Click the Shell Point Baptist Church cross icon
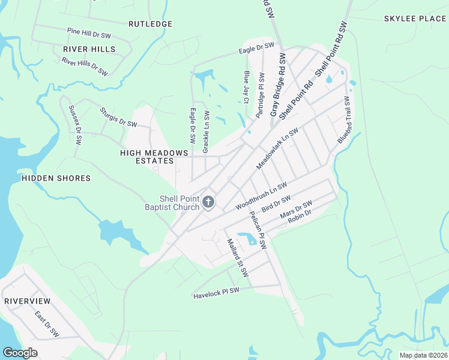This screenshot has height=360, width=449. coord(208,202)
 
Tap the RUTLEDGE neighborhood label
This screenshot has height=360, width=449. coord(151,24)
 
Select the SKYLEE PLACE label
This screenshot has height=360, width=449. coord(415,19)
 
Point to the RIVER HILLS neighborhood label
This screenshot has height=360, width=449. coord(89,49)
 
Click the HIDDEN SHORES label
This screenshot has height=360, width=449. coord(56,178)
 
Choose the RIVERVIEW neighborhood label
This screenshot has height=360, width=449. coord(27,300)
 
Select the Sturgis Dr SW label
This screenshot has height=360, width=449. coord(118,117)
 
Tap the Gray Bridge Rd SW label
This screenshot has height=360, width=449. coord(277,85)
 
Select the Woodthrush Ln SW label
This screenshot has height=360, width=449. coord(261,196)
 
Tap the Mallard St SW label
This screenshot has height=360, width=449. coord(237,257)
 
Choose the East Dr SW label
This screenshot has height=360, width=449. coord(46,324)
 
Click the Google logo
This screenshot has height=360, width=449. coord(20,353)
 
